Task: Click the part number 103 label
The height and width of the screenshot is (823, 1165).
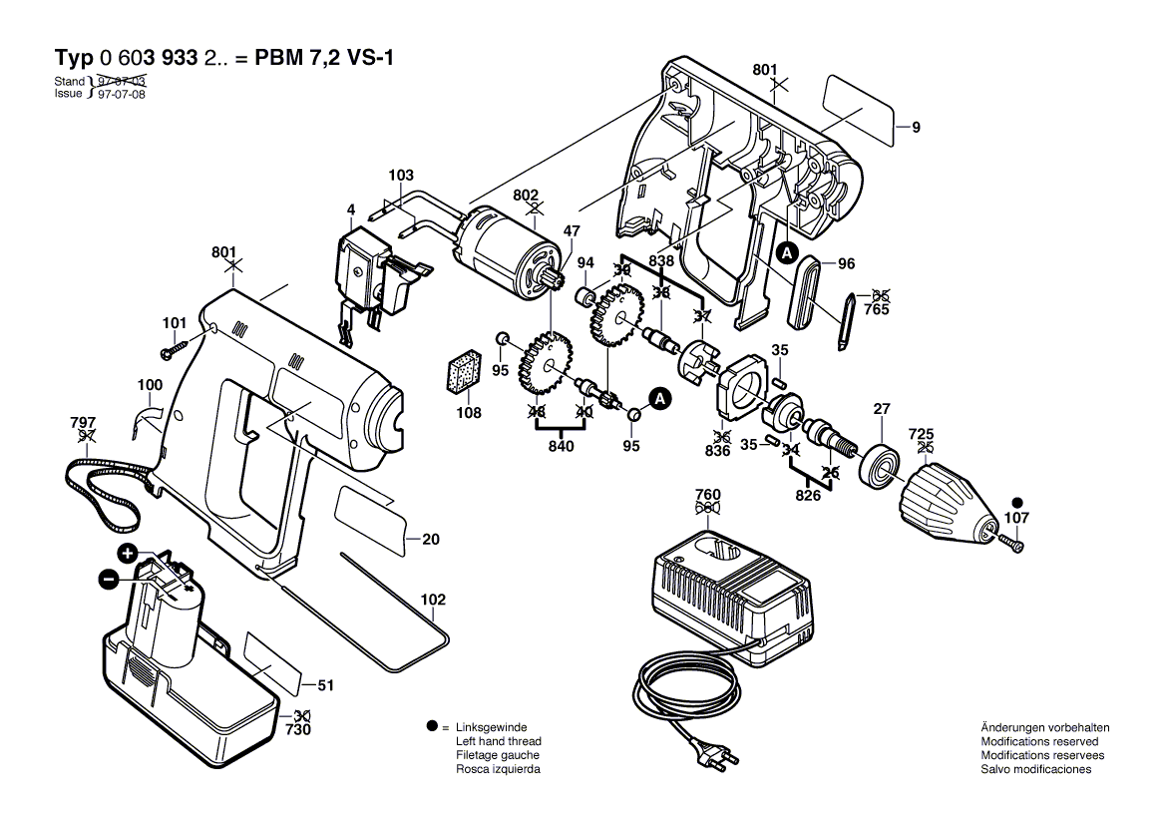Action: [x=401, y=176]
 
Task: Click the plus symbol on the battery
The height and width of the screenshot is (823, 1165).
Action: [x=128, y=554]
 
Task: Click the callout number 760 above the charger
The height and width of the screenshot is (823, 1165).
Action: [x=707, y=495]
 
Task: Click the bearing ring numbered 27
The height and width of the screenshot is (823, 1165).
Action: [x=881, y=464]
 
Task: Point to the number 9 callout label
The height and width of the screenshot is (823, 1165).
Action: [x=916, y=127]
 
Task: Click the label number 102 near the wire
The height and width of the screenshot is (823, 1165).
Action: [x=432, y=600]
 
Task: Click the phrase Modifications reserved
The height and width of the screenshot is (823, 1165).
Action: [x=1038, y=741]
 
